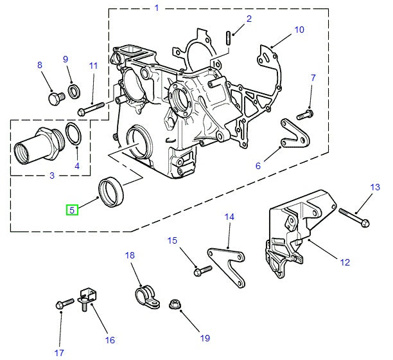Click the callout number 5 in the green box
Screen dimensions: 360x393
pyautogui.click(x=72, y=210)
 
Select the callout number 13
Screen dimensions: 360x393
pyautogui.click(x=376, y=187)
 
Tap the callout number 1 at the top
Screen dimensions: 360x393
pyautogui.click(x=157, y=8)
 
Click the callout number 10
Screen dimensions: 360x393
pyautogui.click(x=299, y=30)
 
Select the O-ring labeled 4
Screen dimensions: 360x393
pyautogui.click(x=74, y=135)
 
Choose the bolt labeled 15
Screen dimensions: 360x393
pyautogui.click(x=202, y=270)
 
